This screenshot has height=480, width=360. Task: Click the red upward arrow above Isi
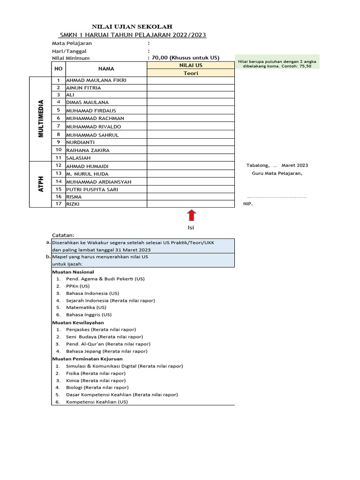[191, 216]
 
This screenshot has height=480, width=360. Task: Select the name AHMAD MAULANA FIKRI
[96, 80]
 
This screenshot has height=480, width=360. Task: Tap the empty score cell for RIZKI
[190, 204]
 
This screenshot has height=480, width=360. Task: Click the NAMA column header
[106, 68]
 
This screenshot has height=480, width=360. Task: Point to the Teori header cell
[190, 73]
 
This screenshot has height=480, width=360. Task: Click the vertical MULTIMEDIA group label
[41, 118]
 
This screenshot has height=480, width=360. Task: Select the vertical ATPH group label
[41, 184]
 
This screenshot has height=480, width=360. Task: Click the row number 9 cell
[59, 142]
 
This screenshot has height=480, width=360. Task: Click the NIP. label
[248, 204]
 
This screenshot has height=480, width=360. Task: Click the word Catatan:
[63, 235]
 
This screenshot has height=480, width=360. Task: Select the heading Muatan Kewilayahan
[78, 322]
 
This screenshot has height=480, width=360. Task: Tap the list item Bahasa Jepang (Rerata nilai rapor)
[107, 351]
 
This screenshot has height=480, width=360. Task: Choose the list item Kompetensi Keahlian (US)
[97, 402]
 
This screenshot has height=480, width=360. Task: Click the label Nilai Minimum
[71, 58]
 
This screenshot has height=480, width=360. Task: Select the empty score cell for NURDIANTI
[190, 142]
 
